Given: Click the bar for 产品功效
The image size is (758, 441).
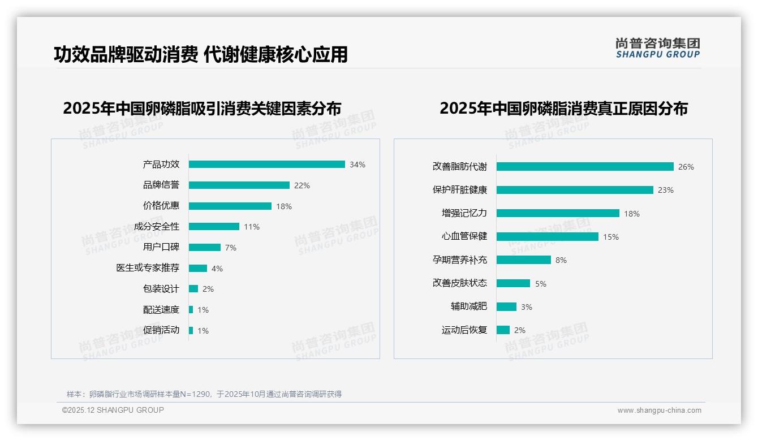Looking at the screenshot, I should [266, 165].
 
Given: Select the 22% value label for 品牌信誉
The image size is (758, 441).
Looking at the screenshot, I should [302, 185].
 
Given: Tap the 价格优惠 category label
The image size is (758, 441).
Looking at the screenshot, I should [161, 206].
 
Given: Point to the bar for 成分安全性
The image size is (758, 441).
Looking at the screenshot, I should [214, 227].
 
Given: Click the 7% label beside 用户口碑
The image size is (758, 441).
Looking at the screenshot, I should [230, 248].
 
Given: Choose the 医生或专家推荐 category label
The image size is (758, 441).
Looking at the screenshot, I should [148, 268].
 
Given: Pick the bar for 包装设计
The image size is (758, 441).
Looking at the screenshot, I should [193, 289].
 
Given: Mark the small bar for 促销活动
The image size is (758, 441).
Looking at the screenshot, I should [191, 330].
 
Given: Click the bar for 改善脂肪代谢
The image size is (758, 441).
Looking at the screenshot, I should [585, 167].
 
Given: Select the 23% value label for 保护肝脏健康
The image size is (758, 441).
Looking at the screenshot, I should [665, 191].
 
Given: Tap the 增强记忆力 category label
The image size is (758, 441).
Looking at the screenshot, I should [464, 213].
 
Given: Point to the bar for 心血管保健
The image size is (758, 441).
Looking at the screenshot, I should [547, 237].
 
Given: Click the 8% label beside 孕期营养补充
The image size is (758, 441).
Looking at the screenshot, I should [561, 260].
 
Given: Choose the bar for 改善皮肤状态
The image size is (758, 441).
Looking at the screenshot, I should [513, 283].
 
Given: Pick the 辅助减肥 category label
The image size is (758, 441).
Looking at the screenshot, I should [468, 306].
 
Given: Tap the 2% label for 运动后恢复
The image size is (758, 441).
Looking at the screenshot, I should [519, 330].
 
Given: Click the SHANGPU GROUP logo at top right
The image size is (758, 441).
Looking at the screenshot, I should [658, 48].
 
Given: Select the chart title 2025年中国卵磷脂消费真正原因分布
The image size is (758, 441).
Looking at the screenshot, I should [563, 109].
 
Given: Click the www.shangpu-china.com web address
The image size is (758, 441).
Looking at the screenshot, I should [659, 410].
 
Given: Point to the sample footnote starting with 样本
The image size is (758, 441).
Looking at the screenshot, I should [204, 394].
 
